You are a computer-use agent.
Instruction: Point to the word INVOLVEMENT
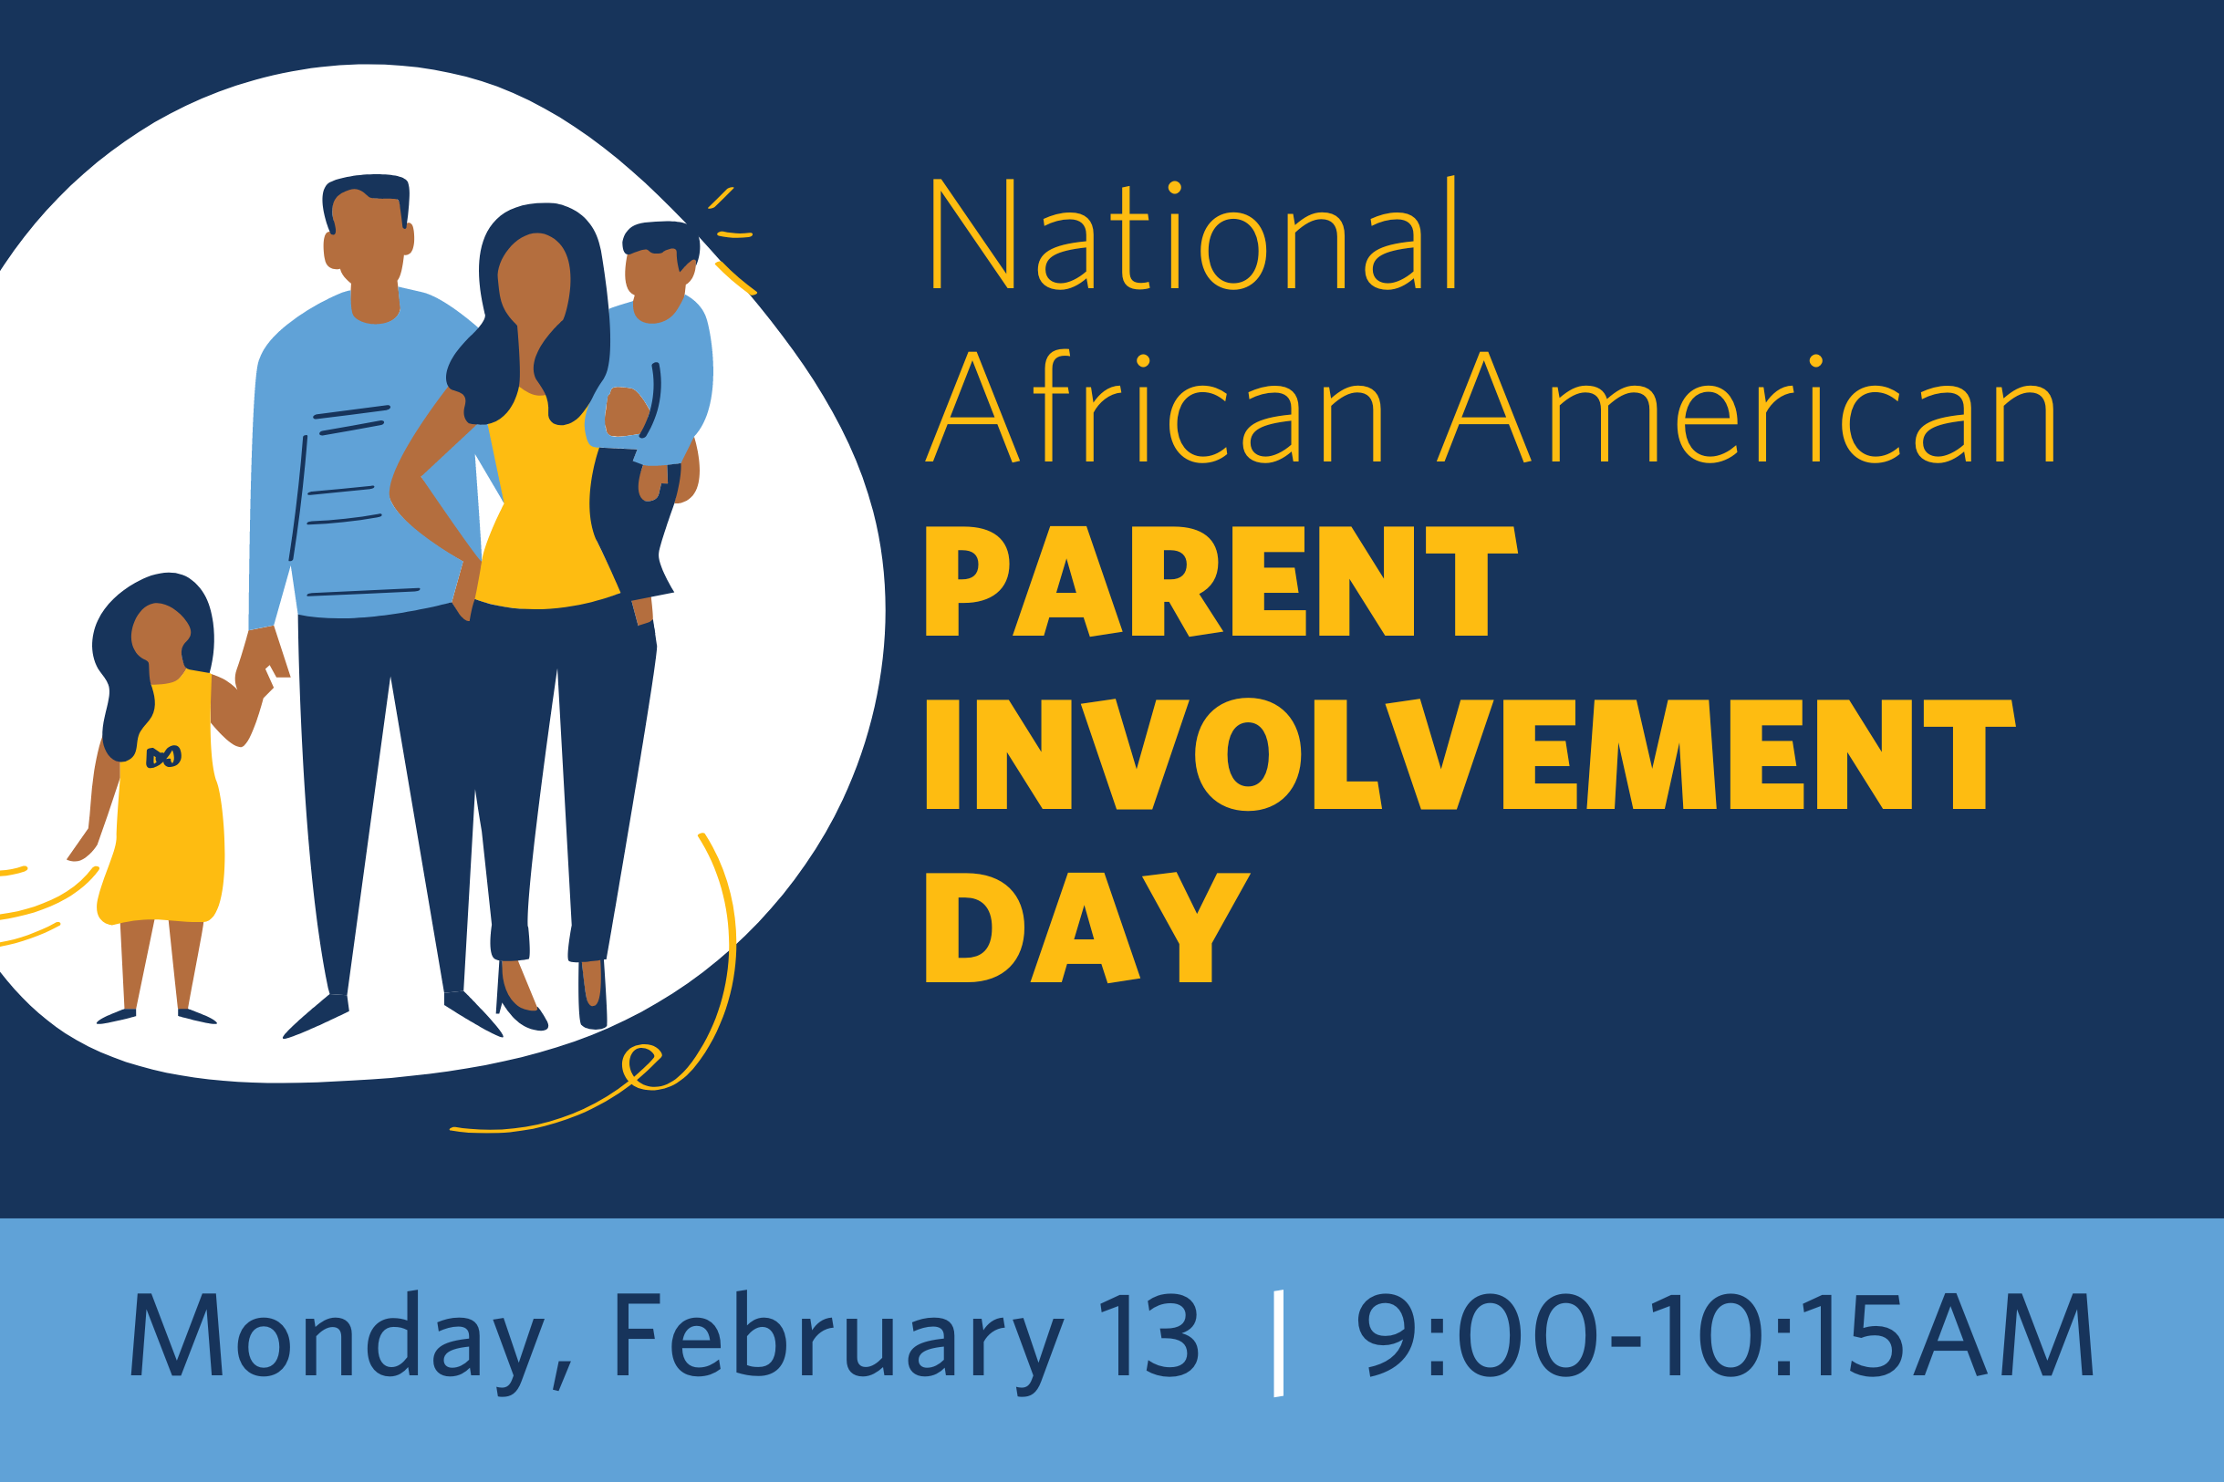click(1470, 754)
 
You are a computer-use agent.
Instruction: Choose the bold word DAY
click(1087, 928)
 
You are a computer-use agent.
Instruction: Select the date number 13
click(1149, 1334)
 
